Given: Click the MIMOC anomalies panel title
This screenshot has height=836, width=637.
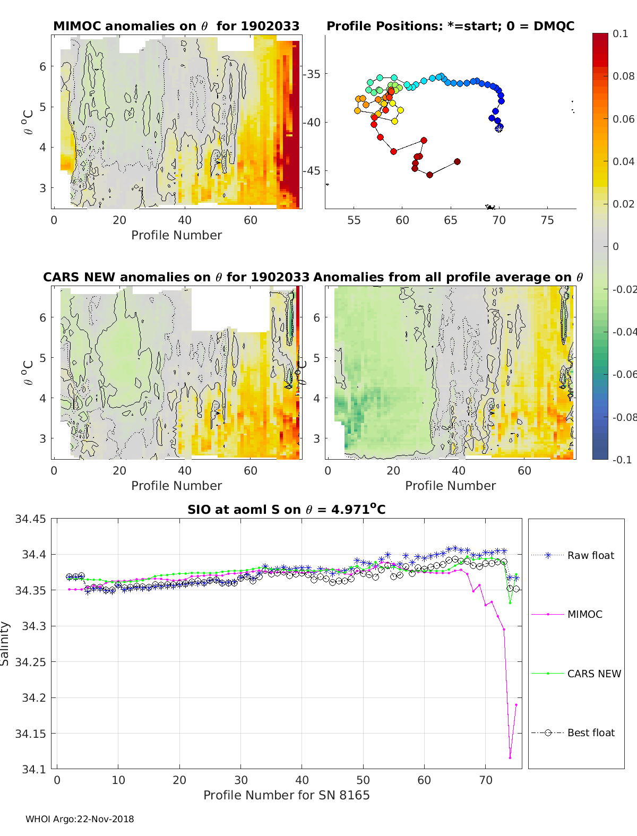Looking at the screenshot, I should (x=176, y=26).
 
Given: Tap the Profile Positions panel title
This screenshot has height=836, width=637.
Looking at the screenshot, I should (x=450, y=26).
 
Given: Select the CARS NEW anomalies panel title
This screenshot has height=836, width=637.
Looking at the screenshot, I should (x=176, y=277).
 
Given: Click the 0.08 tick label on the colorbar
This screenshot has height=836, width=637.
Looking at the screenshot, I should (x=623, y=76).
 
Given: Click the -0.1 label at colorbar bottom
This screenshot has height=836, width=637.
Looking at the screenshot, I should (x=622, y=460).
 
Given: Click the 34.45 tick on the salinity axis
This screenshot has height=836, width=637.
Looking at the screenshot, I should (x=30, y=519).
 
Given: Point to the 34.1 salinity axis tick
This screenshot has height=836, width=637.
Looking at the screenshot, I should (x=33, y=769).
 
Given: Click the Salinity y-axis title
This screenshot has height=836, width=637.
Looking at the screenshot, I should (x=5, y=643).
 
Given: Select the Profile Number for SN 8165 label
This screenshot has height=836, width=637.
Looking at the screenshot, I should (x=286, y=795).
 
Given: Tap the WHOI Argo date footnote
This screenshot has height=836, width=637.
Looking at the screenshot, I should (x=80, y=819).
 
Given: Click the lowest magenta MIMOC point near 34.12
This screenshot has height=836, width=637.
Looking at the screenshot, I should (x=510, y=757).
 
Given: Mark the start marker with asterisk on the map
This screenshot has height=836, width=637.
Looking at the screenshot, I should (x=499, y=128).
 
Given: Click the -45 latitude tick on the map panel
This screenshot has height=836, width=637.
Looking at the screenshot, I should (x=312, y=171).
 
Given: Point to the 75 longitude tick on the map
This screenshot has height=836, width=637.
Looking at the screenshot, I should (x=547, y=220).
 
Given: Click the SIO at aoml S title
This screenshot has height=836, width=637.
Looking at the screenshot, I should (x=286, y=510).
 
